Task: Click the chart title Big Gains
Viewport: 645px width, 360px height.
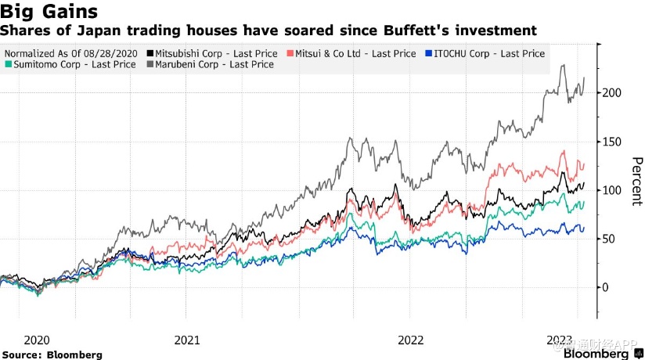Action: coord(49,13)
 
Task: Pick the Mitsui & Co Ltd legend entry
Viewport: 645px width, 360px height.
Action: coord(353,53)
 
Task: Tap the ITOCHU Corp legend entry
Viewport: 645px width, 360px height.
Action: coord(487,53)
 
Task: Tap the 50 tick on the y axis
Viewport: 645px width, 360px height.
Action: coord(608,239)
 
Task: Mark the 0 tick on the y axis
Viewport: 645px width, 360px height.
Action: coord(605,287)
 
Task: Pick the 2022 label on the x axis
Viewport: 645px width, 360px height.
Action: coord(411,340)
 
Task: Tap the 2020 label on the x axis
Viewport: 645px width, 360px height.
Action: coord(38,340)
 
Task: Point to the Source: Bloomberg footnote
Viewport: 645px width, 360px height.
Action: coord(52,355)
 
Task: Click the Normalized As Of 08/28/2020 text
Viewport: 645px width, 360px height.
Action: coord(70,53)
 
